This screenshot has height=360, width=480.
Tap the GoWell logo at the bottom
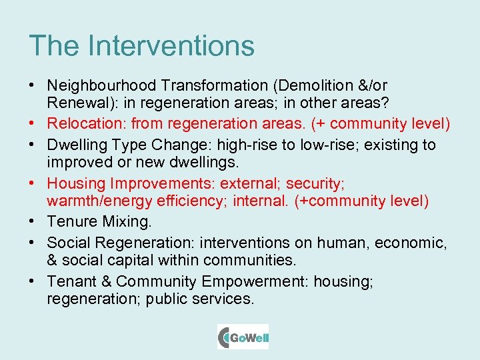click(243, 337)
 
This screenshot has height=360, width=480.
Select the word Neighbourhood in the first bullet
click(100, 86)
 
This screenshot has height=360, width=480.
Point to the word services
click(225, 299)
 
